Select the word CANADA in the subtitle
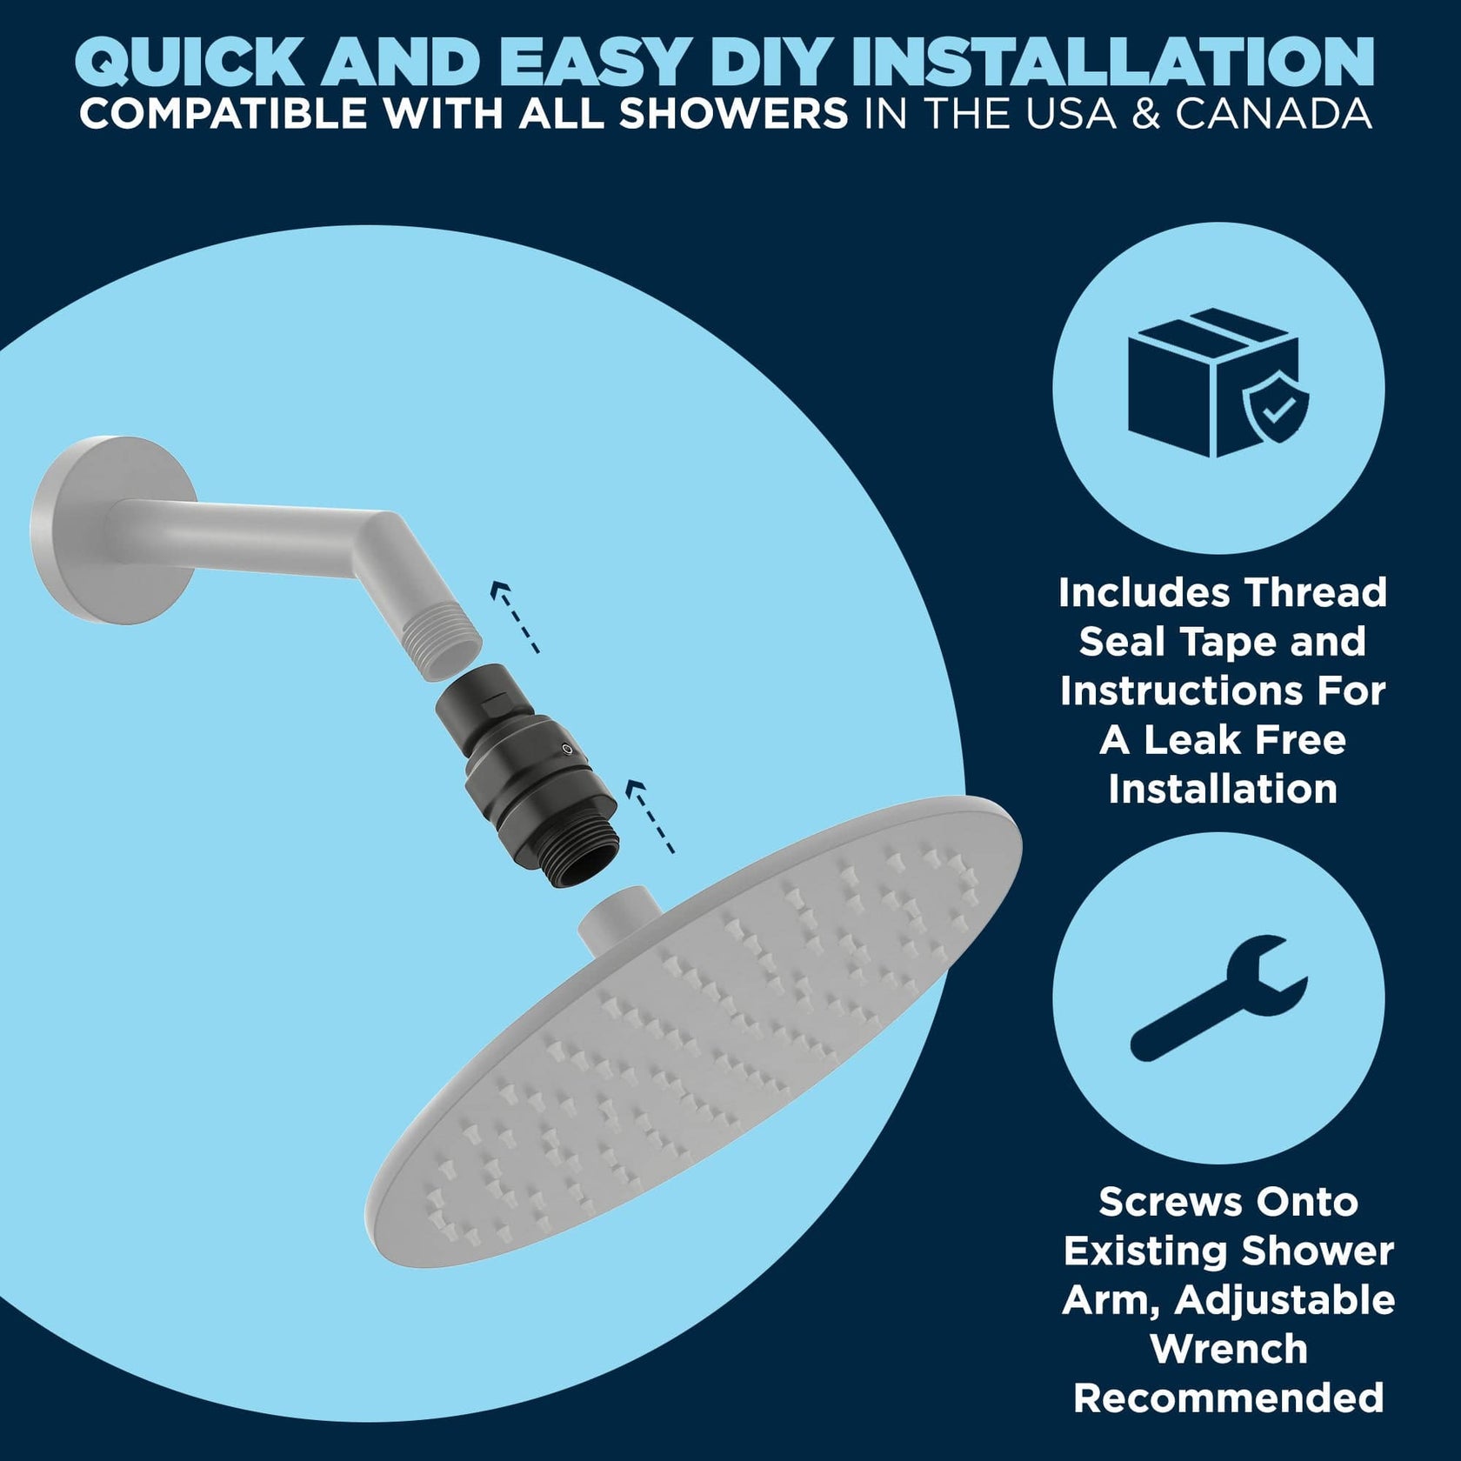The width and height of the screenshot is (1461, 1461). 1274,114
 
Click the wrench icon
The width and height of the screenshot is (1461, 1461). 1218,997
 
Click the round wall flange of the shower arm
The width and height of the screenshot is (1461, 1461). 87,528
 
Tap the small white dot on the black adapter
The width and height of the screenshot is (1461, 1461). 568,749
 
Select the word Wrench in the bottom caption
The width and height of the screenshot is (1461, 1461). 1228,1349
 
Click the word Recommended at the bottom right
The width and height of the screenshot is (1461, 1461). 1228,1398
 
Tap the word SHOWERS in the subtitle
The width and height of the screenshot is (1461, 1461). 733,114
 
